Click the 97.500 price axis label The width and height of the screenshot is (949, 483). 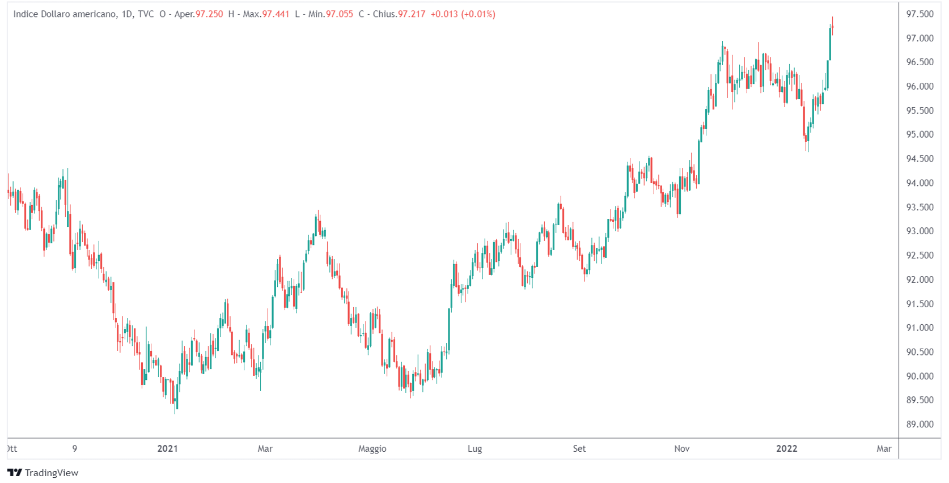tap(920, 14)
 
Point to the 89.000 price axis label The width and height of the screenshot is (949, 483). tap(920, 424)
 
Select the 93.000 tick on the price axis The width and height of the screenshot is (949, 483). tap(920, 231)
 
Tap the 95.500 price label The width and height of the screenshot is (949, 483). tap(920, 111)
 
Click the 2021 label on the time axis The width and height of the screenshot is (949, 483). tap(167, 448)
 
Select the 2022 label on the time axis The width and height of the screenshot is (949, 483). tap(786, 448)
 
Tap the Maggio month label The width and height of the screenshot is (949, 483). tap(372, 448)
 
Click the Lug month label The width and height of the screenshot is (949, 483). tap(475, 448)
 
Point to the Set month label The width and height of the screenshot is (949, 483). tap(579, 448)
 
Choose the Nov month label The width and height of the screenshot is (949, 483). tap(681, 448)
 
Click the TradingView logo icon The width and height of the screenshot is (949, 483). tap(15, 472)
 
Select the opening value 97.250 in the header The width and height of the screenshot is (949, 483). tap(209, 14)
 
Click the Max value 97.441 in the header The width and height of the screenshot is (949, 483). tap(276, 14)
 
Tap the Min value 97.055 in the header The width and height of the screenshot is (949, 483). tap(339, 14)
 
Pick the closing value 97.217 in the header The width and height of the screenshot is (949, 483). tap(411, 14)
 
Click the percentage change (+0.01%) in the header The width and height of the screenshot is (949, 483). tap(478, 14)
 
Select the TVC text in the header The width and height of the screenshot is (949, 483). tap(146, 14)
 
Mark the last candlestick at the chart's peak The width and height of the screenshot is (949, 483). tap(832, 27)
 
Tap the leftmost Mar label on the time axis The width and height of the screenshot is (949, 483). tap(265, 448)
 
